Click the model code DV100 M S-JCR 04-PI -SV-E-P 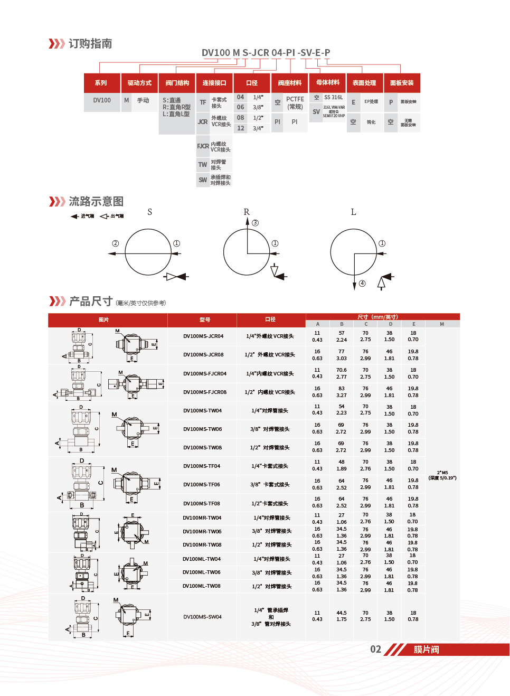pyautogui.click(x=266, y=53)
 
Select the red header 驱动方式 pyautogui.click(x=139, y=83)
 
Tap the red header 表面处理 pyautogui.click(x=364, y=83)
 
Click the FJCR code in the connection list pyautogui.click(x=203, y=146)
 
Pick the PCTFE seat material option pyautogui.click(x=295, y=102)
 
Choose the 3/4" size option pyautogui.click(x=258, y=128)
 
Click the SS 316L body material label pyautogui.click(x=333, y=98)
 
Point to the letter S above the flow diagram pyautogui.click(x=150, y=212)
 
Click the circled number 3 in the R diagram pyautogui.click(x=256, y=223)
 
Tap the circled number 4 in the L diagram pyautogui.click(x=362, y=284)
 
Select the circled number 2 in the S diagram pyautogui.click(x=116, y=243)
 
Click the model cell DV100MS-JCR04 pyautogui.click(x=203, y=336)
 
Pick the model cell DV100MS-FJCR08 pyautogui.click(x=205, y=392)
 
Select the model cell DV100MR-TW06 pyautogui.click(x=202, y=532)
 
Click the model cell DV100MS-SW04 pyautogui.click(x=202, y=617)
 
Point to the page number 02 pyautogui.click(x=375, y=650)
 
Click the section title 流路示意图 pyautogui.click(x=96, y=202)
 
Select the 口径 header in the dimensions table pyautogui.click(x=270, y=319)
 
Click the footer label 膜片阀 pyautogui.click(x=426, y=650)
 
